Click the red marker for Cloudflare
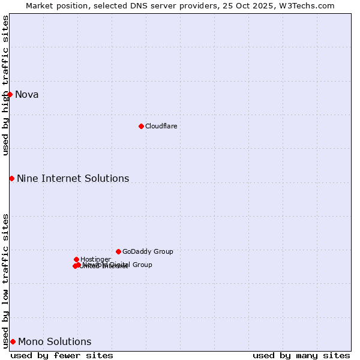coord(141,126)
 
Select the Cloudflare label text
coord(161,126)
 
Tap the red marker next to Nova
coord(10,94)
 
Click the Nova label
coord(26,94)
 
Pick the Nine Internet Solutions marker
coord(11,178)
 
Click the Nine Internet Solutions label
coord(73,178)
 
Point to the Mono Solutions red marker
coord(13,341)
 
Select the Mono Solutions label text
coord(55,342)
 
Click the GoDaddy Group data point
coord(118,251)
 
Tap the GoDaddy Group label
coord(148,251)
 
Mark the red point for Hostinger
coord(76,259)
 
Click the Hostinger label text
coord(95,259)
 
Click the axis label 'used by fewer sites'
coord(62,355)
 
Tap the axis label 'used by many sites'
coord(301,355)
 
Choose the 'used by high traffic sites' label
coord(5,85)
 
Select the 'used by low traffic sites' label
coord(5,281)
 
